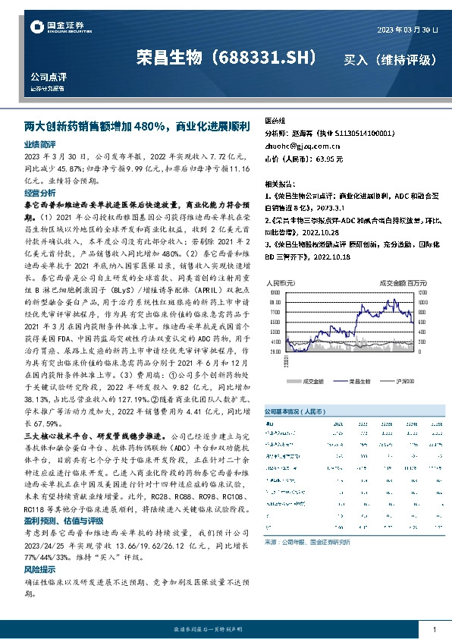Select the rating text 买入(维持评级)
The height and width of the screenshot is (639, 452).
[390, 58]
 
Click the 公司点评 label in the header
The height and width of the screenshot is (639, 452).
[45, 77]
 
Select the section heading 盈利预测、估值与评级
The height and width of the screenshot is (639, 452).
[63, 522]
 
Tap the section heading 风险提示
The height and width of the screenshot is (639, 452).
[39, 568]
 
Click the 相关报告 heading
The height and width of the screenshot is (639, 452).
[279, 184]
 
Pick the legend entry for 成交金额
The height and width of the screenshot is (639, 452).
[312, 381]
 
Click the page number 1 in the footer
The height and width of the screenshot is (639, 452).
[433, 630]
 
